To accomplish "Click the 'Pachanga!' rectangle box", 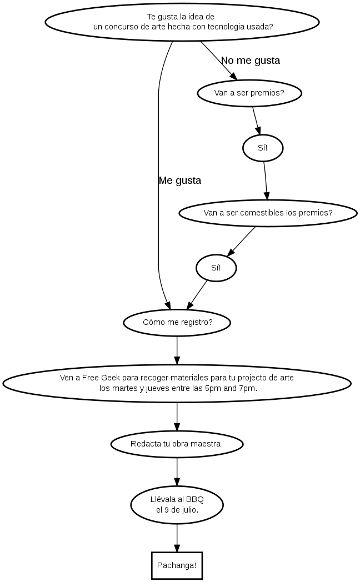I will coord(177,565).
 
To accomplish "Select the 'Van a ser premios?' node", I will coord(249,93).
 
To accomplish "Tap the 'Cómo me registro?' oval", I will coord(177,322).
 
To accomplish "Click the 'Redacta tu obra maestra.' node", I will coord(177,444).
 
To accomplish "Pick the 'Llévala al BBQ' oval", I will coord(177,505).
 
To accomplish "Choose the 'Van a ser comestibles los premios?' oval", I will coord(268,213).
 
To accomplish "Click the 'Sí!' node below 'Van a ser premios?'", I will coord(263,148).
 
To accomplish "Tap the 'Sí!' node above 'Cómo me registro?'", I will coord(216,268).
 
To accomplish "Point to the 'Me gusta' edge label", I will coord(180,180).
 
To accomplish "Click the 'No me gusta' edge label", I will coord(251,61).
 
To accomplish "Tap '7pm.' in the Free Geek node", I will coord(248,388).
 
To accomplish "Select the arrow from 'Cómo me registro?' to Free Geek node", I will coord(177,349).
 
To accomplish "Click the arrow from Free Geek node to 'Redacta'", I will coord(177,416).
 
